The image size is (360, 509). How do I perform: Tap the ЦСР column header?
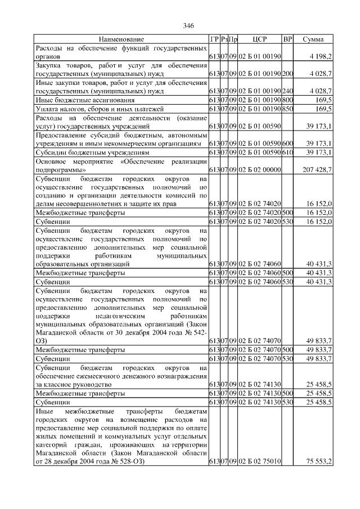tap(259, 39)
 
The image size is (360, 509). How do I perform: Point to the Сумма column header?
tap(313, 39)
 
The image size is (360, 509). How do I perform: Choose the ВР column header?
tap(287, 39)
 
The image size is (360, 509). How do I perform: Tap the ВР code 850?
tap(287, 109)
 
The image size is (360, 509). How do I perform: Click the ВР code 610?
tap(287, 152)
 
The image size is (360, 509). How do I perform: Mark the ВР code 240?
tap(287, 91)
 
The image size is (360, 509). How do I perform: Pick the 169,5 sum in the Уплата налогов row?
tap(323, 109)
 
